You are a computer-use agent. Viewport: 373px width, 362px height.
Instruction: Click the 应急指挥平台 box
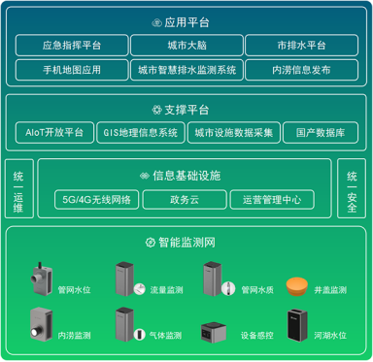tap(72, 45)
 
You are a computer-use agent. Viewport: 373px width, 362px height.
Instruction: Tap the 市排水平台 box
tap(302, 45)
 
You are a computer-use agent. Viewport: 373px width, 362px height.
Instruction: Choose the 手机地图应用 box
tap(72, 69)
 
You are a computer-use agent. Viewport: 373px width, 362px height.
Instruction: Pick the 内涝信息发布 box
tap(302, 69)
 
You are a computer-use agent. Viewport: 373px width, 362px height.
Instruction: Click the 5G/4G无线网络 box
tap(96, 200)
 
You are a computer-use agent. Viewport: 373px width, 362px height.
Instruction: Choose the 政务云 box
tap(183, 200)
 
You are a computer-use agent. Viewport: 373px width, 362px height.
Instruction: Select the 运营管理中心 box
tap(271, 200)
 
